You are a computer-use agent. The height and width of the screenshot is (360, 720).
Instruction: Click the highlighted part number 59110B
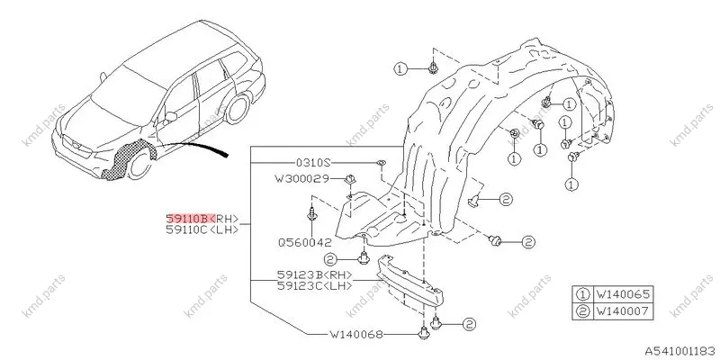point(190,218)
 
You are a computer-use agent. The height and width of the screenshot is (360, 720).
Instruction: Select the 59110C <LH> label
point(202,229)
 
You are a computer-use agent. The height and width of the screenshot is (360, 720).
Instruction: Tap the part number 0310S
point(313,163)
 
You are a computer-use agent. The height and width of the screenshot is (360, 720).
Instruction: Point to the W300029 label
point(301,178)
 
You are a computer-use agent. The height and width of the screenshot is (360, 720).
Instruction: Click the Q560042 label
point(304,242)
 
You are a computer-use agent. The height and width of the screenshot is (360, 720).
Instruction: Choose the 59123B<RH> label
point(315,274)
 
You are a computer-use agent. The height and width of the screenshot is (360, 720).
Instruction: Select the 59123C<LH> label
point(315,285)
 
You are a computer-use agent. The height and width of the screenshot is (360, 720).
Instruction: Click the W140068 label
point(355,334)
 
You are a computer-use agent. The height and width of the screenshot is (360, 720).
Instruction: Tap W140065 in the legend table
point(623,294)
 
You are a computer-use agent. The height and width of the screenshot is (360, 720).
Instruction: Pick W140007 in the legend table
point(623,311)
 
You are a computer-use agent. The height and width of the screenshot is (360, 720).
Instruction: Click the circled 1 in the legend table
point(582,294)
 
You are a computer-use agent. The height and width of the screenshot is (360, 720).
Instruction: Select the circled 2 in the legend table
point(582,311)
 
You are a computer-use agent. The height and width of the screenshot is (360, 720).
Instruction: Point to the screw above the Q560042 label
point(311,216)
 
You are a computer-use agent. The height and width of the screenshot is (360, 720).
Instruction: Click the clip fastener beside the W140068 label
point(422,333)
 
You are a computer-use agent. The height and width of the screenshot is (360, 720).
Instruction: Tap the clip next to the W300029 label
point(350,178)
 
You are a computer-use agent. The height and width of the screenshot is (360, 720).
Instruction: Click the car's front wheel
point(139,164)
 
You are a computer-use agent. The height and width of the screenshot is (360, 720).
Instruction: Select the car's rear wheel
point(238,109)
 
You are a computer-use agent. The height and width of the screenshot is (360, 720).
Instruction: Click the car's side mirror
point(170,117)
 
